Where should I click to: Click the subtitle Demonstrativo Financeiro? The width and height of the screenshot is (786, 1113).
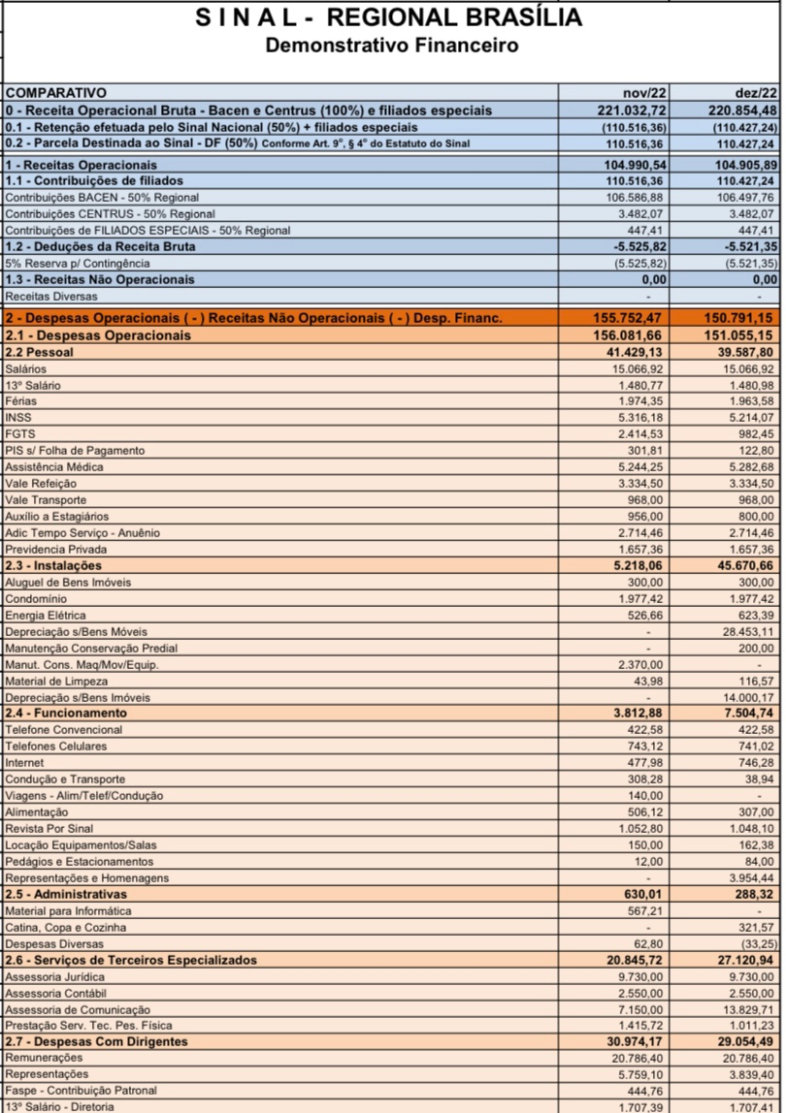pyautogui.click(x=392, y=45)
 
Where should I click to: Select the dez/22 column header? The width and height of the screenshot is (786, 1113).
pyautogui.click(x=756, y=93)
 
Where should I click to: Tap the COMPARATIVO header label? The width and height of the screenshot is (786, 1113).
pyautogui.click(x=55, y=93)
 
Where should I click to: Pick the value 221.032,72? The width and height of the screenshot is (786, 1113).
pyautogui.click(x=633, y=110)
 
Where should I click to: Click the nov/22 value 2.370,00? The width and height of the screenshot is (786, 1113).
pyautogui.click(x=640, y=665)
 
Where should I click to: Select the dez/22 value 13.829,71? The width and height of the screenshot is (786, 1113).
pyautogui.click(x=746, y=1009)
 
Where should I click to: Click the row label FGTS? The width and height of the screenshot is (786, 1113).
pyautogui.click(x=20, y=433)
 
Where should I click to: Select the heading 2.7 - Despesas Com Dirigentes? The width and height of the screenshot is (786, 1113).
pyautogui.click(x=97, y=1041)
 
